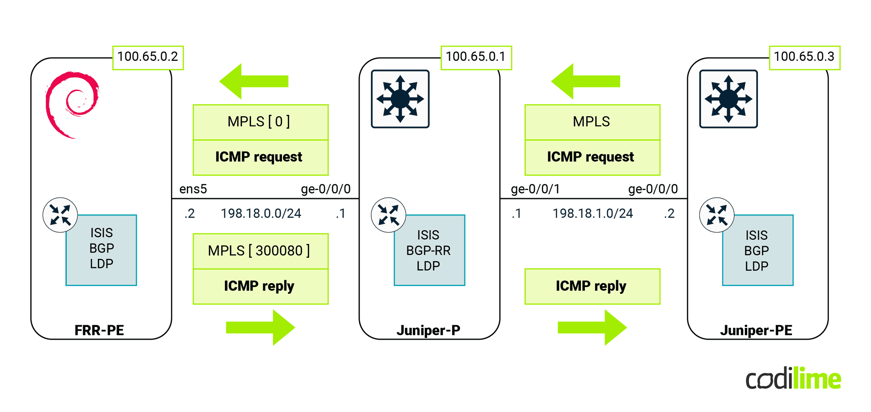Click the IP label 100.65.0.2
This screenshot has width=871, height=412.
[148, 57]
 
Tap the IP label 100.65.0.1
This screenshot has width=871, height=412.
[475, 57]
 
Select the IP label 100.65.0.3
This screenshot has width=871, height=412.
[804, 57]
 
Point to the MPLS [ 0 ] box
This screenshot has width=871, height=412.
[260, 122]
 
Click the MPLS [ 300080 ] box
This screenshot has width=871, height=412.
[260, 251]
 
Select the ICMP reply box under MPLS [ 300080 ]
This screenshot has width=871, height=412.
[260, 286]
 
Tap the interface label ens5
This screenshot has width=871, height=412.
[193, 189]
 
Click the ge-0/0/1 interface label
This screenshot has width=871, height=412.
[535, 189]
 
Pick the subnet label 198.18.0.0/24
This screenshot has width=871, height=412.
[261, 213]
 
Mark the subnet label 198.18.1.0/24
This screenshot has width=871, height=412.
[592, 213]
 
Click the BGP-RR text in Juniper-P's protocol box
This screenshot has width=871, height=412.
[428, 250]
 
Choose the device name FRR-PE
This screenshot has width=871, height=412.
[99, 330]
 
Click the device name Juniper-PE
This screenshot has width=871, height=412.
[756, 330]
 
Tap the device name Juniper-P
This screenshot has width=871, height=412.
[428, 330]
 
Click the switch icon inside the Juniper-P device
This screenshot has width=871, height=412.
[400, 99]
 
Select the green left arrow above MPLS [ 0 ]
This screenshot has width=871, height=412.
[253, 81]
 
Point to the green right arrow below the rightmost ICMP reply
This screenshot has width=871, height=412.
[592, 327]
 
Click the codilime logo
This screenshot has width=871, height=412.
[793, 379]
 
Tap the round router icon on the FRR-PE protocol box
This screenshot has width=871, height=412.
[60, 215]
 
